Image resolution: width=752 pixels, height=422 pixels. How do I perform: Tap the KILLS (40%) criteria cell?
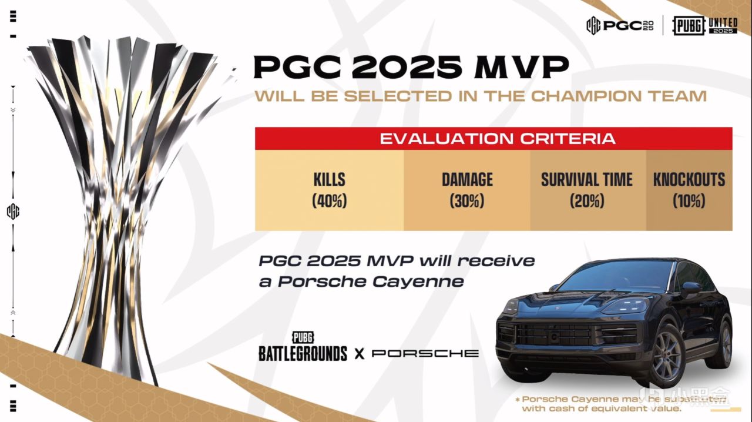pos(330,190)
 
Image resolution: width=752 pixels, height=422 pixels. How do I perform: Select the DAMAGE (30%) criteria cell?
pos(467,190)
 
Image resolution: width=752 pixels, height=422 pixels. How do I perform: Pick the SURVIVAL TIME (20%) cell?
pos(587,190)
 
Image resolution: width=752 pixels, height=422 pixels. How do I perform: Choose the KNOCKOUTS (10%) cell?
pos(689,190)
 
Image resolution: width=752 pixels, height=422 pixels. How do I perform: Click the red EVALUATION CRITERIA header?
pos(494,139)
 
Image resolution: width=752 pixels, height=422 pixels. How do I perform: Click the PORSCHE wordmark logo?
pos(425,353)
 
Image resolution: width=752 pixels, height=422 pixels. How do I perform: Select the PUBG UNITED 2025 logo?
pos(704,26)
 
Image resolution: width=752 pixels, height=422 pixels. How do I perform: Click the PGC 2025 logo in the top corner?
pos(620,25)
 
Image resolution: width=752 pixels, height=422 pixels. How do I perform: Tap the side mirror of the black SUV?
pos(691,288)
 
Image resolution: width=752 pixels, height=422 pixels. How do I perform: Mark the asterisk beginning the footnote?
pos(518,400)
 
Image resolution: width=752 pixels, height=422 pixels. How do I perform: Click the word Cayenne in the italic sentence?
pos(418,282)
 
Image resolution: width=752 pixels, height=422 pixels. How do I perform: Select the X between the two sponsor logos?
pos(359,353)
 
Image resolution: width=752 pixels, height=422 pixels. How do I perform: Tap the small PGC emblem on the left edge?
pos(13,212)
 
